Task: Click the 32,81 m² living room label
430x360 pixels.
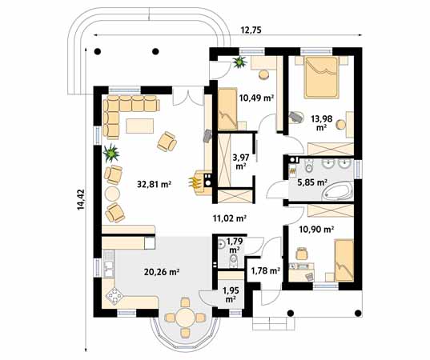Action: pyautogui.click(x=154, y=184)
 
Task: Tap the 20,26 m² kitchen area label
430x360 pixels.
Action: pyautogui.click(x=162, y=272)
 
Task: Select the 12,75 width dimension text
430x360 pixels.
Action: pyautogui.click(x=251, y=30)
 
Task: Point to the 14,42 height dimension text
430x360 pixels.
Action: pyautogui.click(x=81, y=200)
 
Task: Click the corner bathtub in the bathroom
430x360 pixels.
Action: pyautogui.click(x=338, y=192)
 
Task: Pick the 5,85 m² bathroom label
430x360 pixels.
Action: pyautogui.click(x=312, y=182)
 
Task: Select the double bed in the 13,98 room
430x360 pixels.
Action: pyautogui.click(x=322, y=77)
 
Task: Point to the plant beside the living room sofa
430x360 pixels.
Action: pyautogui.click(x=111, y=153)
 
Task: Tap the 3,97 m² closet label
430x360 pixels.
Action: pyautogui.click(x=240, y=162)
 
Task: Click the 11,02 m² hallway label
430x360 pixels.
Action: pyautogui.click(x=230, y=218)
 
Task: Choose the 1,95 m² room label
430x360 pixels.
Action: pyautogui.click(x=231, y=294)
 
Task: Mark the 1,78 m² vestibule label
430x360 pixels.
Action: pyautogui.click(x=266, y=270)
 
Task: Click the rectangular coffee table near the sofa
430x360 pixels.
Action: pyautogui.click(x=139, y=126)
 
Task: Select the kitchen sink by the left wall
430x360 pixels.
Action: pyautogui.click(x=109, y=269)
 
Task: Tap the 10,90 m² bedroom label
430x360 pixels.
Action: pyautogui.click(x=316, y=229)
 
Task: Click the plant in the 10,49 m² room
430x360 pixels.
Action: pyautogui.click(x=239, y=62)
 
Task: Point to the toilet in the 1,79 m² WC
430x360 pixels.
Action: pyautogui.click(x=234, y=258)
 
